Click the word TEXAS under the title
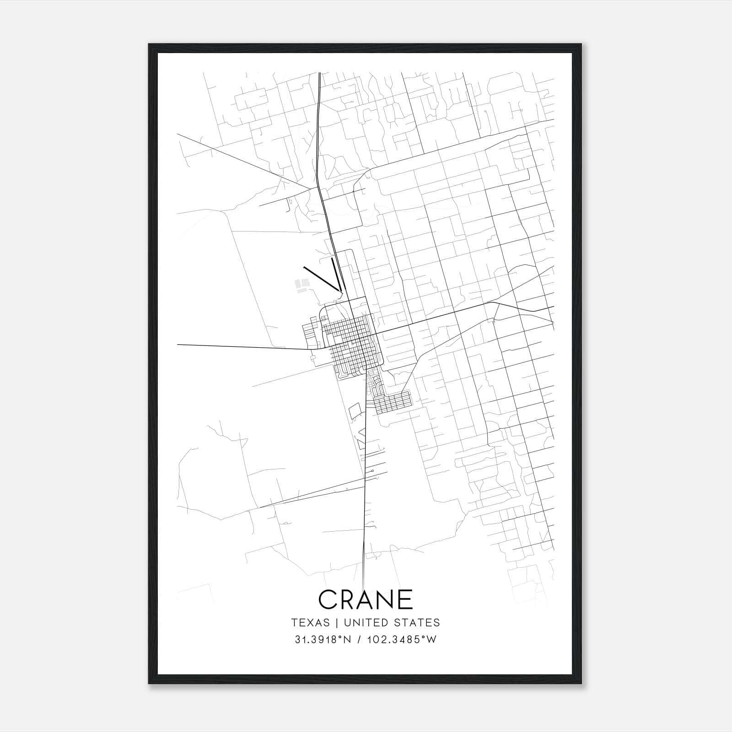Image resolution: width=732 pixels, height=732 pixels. coord(310,623)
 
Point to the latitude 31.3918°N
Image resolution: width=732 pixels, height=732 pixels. coord(323,640)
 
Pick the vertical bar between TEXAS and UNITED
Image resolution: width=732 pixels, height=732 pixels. coord(337,623)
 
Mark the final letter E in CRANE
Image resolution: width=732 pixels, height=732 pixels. coord(405,599)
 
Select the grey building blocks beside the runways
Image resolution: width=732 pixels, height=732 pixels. coord(301,285)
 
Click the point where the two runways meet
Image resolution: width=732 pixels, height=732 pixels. coord(340,290)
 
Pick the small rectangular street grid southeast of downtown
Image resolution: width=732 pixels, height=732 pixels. coord(393,402)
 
